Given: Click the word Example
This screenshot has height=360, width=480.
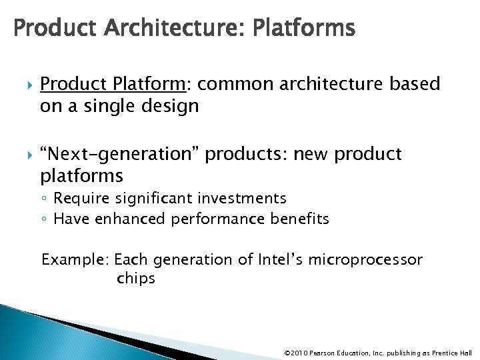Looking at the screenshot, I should pyautogui.click(x=75, y=259).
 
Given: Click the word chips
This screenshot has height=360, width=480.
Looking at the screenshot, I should pyautogui.click(x=135, y=279).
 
